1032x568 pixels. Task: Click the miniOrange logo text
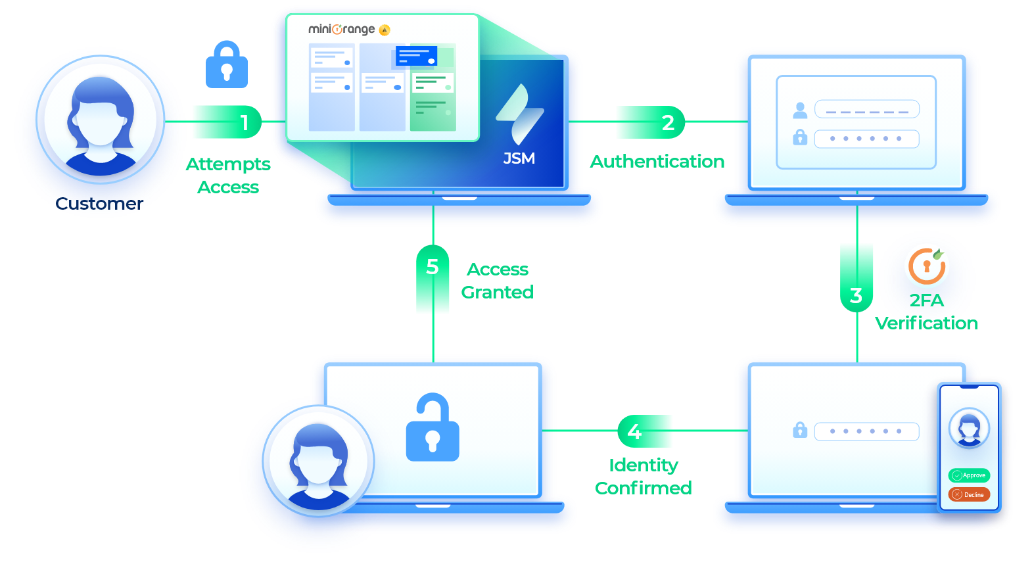(342, 30)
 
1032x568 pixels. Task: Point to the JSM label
(519, 158)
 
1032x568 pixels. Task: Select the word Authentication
(657, 162)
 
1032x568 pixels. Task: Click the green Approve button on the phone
(969, 475)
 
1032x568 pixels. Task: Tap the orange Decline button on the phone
(969, 494)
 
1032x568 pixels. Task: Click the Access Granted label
(498, 281)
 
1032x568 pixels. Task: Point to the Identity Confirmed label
(644, 477)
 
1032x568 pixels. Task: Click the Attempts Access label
(228, 176)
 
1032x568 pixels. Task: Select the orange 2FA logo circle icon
(927, 266)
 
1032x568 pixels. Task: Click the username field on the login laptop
(866, 109)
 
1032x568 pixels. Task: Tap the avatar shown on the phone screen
(969, 427)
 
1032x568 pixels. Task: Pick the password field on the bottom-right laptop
(866, 432)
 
